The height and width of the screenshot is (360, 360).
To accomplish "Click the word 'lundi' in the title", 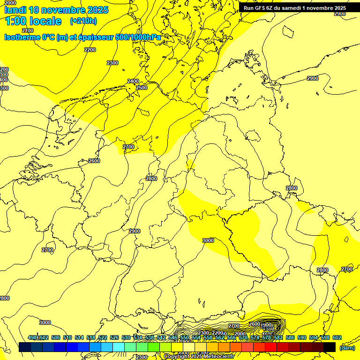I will click(15, 10).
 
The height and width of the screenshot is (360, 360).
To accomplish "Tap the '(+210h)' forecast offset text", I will click(83, 21).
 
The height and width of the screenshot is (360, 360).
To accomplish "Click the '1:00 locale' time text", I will click(33, 21).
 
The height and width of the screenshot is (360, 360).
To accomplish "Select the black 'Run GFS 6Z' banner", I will click(295, 8).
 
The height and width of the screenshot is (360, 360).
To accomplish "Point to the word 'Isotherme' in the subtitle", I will click(22, 37).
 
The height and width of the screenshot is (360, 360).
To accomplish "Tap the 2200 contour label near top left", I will click(90, 50).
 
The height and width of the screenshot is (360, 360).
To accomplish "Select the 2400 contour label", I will click(133, 81).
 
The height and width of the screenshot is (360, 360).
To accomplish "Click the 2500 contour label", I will click(142, 88).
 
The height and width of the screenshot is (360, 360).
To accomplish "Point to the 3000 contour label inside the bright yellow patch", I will click(208, 240).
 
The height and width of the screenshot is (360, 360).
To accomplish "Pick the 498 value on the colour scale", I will click(32, 337).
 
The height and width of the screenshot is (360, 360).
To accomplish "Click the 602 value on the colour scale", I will click(337, 337).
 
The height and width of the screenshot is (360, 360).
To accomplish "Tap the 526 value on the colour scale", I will click(114, 337).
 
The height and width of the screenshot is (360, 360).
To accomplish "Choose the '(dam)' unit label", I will click(347, 348).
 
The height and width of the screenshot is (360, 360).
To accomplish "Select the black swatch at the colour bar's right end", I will click(330, 347).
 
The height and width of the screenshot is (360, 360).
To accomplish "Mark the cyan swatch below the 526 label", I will click(119, 347).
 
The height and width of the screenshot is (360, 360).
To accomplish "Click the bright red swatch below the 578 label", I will click(270, 347).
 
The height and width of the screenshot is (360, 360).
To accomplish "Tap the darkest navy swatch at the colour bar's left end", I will click(24, 347).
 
